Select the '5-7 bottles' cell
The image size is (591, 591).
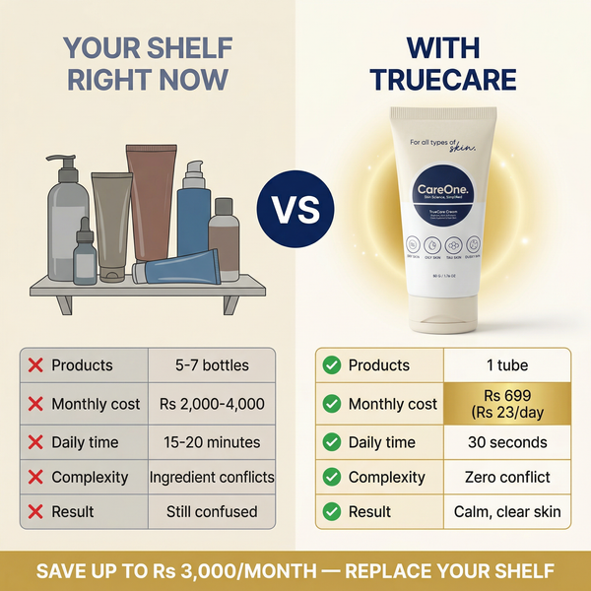(212, 365)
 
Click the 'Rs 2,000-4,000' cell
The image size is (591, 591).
(212, 404)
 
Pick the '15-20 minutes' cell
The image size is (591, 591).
(212, 442)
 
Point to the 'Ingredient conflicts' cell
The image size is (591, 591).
(212, 478)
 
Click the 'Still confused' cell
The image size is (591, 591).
(212, 512)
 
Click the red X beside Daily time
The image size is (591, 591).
(35, 442)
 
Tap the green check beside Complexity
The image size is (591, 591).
(331, 478)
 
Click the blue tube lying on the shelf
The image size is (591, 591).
(177, 269)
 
